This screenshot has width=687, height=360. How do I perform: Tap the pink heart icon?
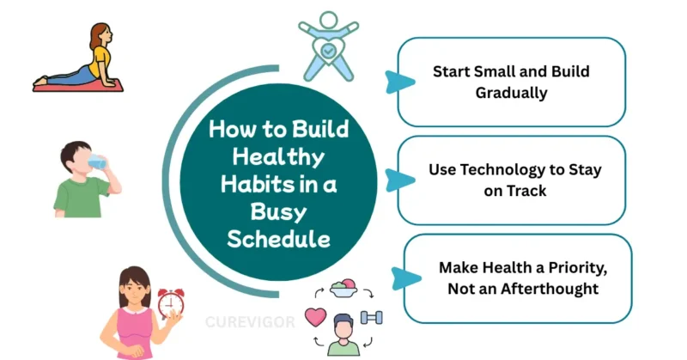click(315, 317)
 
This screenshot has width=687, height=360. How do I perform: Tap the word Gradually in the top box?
click(511, 93)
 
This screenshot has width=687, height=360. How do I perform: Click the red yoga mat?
click(77, 84)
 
